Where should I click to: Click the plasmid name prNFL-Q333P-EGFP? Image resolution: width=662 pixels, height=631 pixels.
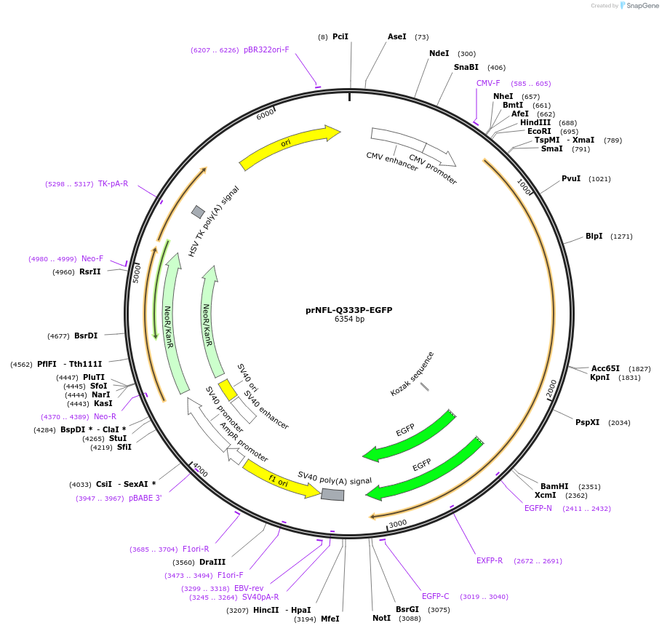348,310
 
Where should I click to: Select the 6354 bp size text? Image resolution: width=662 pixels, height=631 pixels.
349,320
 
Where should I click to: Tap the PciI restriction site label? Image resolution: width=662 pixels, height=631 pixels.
340,36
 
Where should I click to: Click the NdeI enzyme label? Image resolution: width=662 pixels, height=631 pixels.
439,54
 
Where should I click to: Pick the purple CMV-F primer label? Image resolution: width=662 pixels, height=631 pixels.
488,83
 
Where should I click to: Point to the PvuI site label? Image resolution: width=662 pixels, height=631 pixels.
571,179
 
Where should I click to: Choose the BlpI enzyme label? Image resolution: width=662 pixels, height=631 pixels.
594,237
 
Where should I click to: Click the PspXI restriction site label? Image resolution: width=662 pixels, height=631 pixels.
588,422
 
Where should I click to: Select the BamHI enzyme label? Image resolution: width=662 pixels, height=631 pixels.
554,486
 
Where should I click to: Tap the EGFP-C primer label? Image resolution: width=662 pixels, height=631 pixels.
436,597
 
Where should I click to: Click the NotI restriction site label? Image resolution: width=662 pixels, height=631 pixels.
381,618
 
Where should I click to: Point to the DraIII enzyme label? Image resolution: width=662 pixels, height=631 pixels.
212,562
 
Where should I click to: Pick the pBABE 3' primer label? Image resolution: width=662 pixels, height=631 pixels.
145,498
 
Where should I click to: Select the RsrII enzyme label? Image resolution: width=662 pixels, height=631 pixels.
90,271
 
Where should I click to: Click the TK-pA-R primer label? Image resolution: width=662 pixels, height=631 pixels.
113,183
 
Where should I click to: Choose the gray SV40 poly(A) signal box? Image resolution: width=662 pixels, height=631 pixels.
332,495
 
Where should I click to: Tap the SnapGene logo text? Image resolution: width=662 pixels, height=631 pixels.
642,6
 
